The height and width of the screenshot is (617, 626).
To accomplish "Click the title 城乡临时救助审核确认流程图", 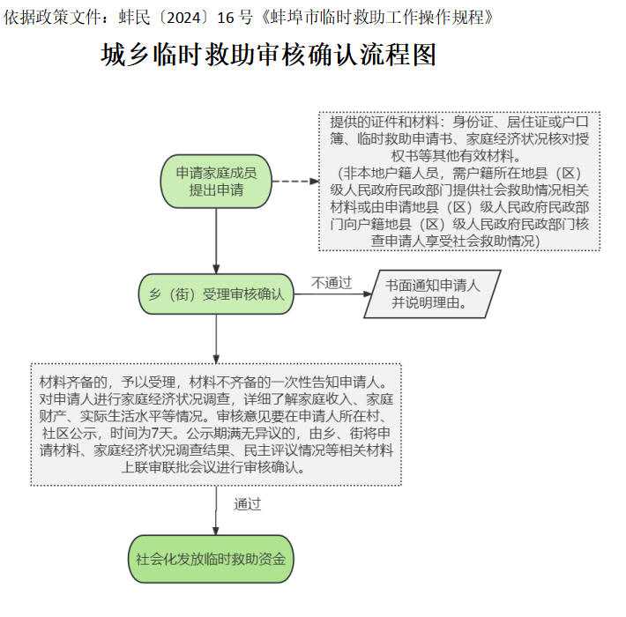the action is (268, 55).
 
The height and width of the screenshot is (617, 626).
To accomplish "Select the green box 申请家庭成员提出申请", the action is (216, 182).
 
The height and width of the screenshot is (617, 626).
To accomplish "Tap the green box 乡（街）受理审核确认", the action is (216, 294).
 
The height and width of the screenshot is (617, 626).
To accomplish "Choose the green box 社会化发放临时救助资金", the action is (211, 559).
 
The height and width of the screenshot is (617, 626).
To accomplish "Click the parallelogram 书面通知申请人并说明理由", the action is (432, 294).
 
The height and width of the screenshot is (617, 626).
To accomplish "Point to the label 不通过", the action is (332, 283).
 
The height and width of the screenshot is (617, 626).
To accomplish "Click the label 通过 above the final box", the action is (248, 504).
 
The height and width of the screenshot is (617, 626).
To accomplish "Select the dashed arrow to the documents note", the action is (295, 182).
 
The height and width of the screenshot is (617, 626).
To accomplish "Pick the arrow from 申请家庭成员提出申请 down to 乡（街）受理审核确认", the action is (216, 241).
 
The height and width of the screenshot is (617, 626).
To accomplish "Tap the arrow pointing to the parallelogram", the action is (332, 294).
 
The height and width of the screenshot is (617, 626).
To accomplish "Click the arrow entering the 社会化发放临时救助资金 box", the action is (216, 510).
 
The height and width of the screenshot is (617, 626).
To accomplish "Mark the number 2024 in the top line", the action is (183, 18).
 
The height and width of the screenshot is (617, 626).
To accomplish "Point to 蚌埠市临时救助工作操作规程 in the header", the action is (376, 18).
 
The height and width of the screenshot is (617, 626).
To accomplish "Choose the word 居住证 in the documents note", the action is (527, 122).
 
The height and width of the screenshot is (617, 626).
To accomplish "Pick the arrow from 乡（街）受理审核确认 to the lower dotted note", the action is (216, 339).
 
